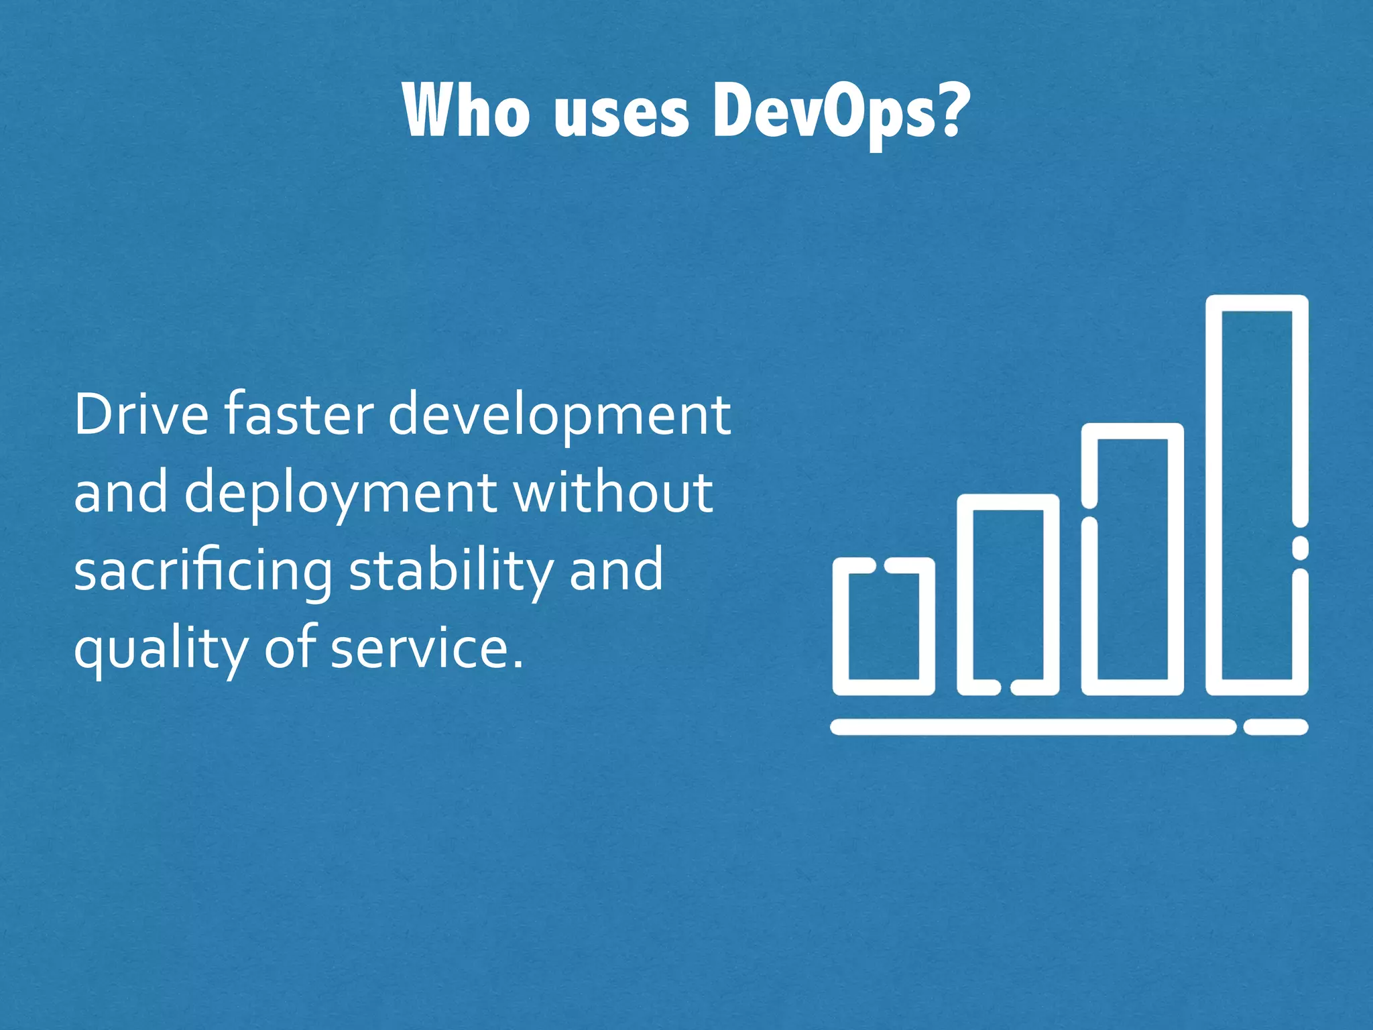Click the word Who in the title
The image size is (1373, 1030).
coord(467,111)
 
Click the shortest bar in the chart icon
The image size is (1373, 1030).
coord(884,626)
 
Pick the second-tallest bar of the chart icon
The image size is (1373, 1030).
coord(1132,559)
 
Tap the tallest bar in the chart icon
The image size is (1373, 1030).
coord(1256,495)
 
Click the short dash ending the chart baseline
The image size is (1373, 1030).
coord(1276,727)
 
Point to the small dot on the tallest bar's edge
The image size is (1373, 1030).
coord(1300,548)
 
